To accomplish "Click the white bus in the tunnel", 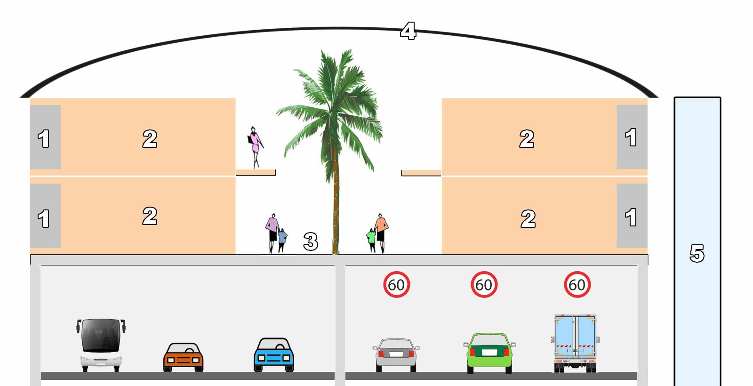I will pyautogui.click(x=101, y=345).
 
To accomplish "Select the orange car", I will pyautogui.click(x=183, y=357).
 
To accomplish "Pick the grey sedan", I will pyautogui.click(x=396, y=355).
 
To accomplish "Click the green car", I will pyautogui.click(x=489, y=353).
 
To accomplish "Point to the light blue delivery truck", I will pyautogui.click(x=575, y=342).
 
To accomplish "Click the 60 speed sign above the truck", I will pyautogui.click(x=577, y=284).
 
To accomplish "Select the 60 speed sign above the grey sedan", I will pyautogui.click(x=396, y=284).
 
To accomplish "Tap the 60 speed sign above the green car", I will pyautogui.click(x=484, y=284).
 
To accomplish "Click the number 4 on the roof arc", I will pyautogui.click(x=408, y=31).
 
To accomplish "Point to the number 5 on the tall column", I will pyautogui.click(x=697, y=253).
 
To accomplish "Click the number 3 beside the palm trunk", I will pyautogui.click(x=311, y=241).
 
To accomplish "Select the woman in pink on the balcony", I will pyautogui.click(x=255, y=146).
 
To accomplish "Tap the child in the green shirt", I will pyautogui.click(x=371, y=239).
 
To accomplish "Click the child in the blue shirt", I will pyautogui.click(x=282, y=239).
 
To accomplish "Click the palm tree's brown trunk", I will pyautogui.click(x=336, y=207).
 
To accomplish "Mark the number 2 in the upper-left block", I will pyautogui.click(x=150, y=138).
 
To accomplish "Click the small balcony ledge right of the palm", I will pyautogui.click(x=421, y=173).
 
